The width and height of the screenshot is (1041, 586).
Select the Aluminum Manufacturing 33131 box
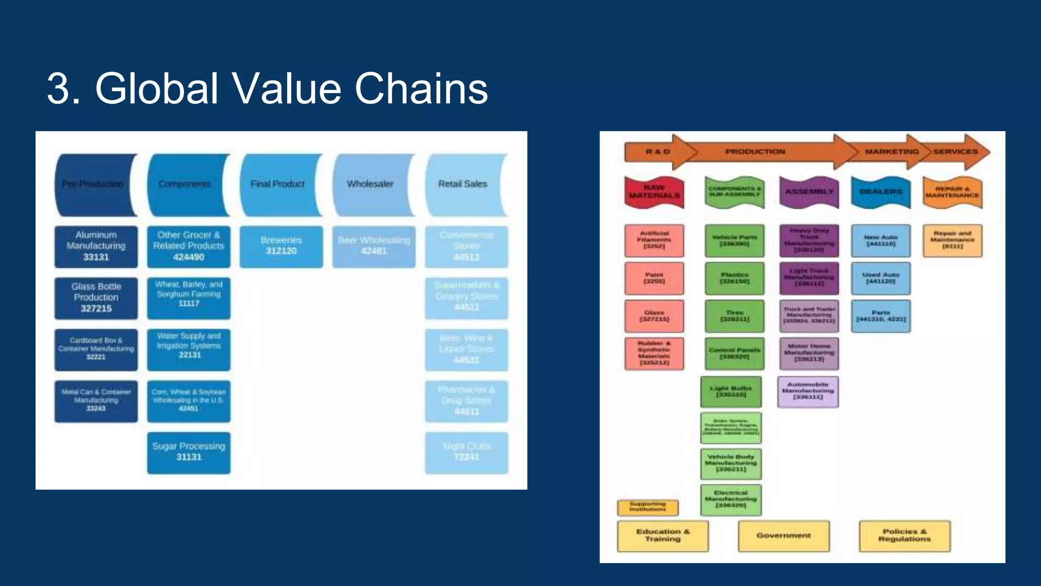click(x=96, y=246)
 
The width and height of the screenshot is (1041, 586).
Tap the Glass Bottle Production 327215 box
click(x=96, y=298)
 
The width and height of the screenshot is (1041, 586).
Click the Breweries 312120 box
click(x=281, y=246)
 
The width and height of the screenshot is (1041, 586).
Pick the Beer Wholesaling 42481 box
click(x=374, y=246)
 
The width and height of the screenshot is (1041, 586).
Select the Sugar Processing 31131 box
click(x=189, y=452)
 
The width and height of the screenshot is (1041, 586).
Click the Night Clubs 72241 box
click(x=466, y=452)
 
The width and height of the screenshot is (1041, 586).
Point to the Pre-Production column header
click(x=94, y=184)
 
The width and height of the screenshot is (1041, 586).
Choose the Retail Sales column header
click(x=463, y=184)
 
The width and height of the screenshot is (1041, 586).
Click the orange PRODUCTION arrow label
click(x=755, y=152)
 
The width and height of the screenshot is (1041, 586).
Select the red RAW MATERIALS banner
click(x=654, y=192)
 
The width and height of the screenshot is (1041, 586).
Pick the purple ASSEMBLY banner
click(x=809, y=192)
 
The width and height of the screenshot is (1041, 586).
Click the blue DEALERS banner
click(x=880, y=192)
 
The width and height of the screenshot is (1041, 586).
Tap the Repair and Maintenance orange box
click(x=952, y=240)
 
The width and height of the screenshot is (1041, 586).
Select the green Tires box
click(x=734, y=315)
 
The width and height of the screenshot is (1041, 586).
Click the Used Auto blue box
click(x=880, y=278)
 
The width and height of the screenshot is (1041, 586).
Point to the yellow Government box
click(x=783, y=536)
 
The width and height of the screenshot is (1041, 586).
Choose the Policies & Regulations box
click(x=904, y=536)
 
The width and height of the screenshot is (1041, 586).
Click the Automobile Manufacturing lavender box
click(x=808, y=391)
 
